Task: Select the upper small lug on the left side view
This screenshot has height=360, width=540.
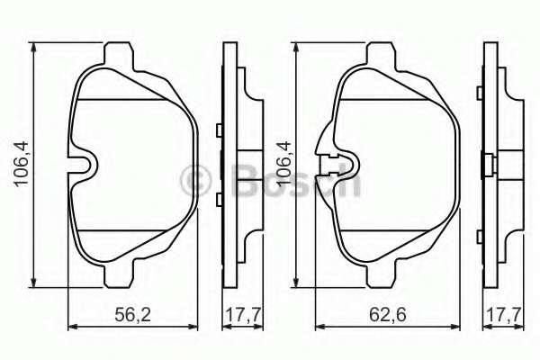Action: [x=220, y=130]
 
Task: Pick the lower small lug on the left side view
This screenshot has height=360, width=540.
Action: [x=220, y=197]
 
